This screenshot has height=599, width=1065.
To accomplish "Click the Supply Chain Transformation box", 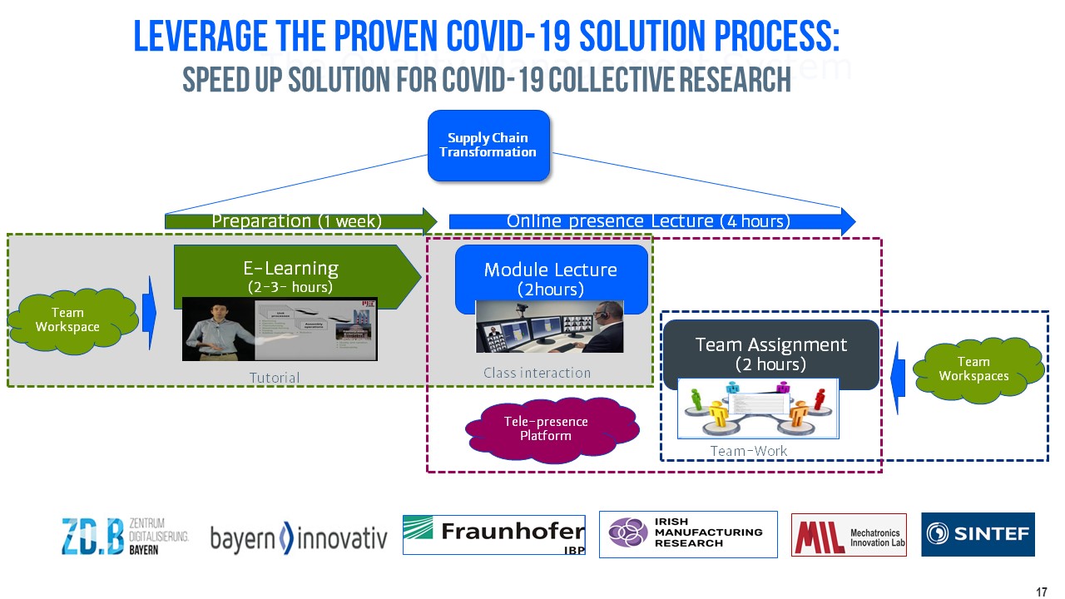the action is tap(488, 145).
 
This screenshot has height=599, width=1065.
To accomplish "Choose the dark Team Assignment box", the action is tap(770, 353).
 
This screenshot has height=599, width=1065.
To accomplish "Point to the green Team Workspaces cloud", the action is tap(974, 369).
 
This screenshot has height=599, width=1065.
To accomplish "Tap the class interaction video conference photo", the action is tap(550, 327).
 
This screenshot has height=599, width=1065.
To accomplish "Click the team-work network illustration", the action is tap(758, 408).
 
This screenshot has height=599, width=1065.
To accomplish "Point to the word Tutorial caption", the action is tap(275, 378).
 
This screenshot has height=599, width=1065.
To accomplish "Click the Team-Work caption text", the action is tap(749, 451).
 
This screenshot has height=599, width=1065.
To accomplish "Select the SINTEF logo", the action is tap(978, 534).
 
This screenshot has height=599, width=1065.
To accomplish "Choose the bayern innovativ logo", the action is tap(299, 539).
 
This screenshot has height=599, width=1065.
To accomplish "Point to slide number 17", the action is tap(1042, 592).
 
